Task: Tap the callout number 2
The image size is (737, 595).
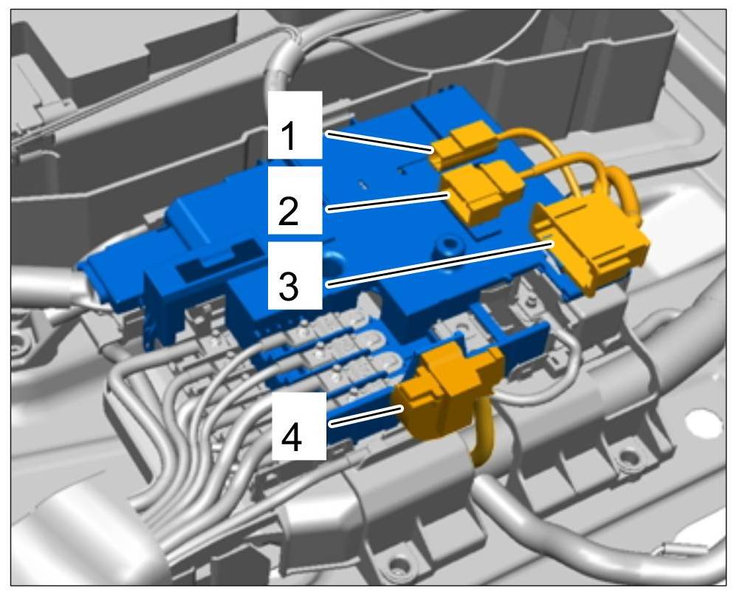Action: [x=289, y=210]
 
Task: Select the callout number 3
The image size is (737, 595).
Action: [x=289, y=285]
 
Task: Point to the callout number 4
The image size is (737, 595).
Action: [x=292, y=436]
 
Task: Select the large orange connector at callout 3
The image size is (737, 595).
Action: [x=590, y=244]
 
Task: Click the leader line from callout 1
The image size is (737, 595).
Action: [x=380, y=142]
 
